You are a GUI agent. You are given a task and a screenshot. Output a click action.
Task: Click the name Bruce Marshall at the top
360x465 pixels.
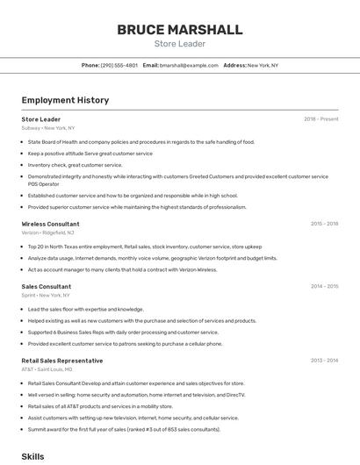(179, 30)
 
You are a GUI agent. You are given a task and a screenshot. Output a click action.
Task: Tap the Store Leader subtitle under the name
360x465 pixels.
(179, 43)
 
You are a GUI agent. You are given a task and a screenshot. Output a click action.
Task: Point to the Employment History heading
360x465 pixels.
(65, 100)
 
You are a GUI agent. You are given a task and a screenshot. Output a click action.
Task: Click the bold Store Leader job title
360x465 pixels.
(40, 119)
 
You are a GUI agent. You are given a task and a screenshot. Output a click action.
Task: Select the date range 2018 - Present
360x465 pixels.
(320, 119)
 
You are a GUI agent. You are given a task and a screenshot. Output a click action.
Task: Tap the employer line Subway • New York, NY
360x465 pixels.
(48, 128)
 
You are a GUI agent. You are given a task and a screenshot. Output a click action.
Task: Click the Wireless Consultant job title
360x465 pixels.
(50, 224)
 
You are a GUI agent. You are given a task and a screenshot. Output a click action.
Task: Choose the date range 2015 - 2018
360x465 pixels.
(324, 224)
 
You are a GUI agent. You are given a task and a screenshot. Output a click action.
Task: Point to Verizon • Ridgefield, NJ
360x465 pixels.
(47, 232)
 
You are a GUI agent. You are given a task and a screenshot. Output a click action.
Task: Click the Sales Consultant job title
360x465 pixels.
(47, 286)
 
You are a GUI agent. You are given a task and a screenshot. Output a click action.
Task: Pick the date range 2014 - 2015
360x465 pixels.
(324, 286)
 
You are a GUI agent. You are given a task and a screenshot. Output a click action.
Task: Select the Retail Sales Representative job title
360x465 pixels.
(61, 361)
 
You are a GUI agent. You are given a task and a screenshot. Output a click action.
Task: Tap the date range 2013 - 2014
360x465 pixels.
(324, 361)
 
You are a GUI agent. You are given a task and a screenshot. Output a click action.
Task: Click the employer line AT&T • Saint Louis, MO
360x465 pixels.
(47, 369)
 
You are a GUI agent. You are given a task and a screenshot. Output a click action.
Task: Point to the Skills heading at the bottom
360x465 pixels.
(32, 457)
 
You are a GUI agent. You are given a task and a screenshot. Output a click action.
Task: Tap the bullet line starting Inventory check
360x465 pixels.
(75, 165)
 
